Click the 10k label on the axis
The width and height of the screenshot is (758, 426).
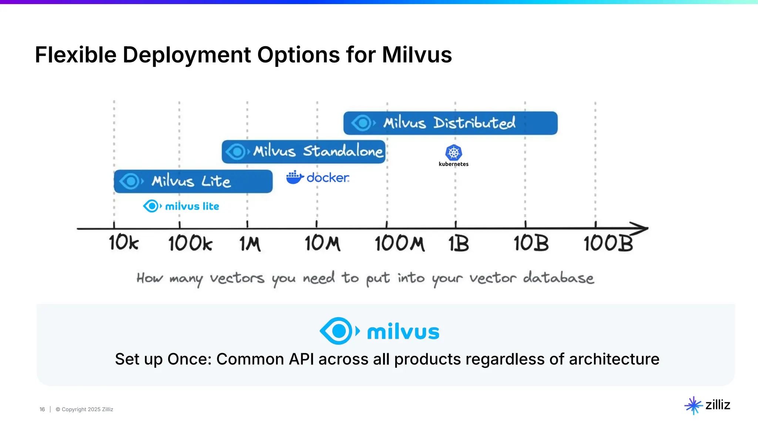coord(124,243)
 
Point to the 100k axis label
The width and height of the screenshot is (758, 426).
coord(190,244)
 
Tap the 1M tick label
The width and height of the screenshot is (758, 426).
coord(250,244)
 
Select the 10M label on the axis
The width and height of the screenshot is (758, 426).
coord(322,244)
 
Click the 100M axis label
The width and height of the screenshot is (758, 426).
coord(399,244)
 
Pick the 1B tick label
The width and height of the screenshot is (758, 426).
coord(459,244)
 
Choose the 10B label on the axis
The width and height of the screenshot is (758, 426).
coord(531,244)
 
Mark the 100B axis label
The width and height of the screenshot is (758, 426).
coord(608,244)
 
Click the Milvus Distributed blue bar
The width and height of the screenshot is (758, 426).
coord(450,123)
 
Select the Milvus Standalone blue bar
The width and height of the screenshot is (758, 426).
coord(303,152)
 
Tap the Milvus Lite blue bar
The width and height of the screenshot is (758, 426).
coord(193,181)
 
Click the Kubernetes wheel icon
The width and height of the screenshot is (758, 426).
coord(453,152)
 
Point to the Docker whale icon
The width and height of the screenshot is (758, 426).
coord(295,177)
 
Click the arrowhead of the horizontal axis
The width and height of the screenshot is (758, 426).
coord(640,229)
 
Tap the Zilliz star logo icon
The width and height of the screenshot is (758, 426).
coord(693,405)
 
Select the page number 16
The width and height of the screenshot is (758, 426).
coord(42,409)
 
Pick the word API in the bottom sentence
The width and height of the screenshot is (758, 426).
coord(301,359)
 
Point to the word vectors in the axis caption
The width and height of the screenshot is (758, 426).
coord(237,278)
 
